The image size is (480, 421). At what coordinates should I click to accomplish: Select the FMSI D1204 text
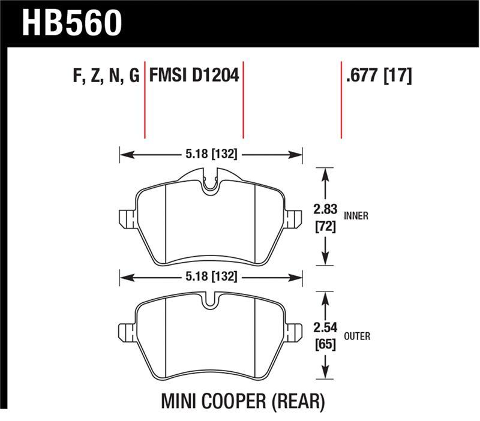pos(193,76)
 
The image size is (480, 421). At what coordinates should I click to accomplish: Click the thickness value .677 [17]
pos(379,76)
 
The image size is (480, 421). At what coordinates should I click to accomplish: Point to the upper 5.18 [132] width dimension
pos(211,155)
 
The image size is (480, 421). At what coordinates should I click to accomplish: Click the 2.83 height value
pos(325,210)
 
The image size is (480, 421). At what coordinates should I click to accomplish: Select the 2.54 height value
pos(325,327)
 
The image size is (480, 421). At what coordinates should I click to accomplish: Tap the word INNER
pos(356,216)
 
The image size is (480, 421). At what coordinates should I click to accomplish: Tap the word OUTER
pos(357,336)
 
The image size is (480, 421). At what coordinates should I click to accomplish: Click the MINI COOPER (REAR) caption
pos(242,400)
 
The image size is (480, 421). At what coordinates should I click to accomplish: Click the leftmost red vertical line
pos(145,102)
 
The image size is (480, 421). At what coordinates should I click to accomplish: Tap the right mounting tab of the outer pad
pos(293,332)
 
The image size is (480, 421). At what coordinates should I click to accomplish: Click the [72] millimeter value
pos(325,228)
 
